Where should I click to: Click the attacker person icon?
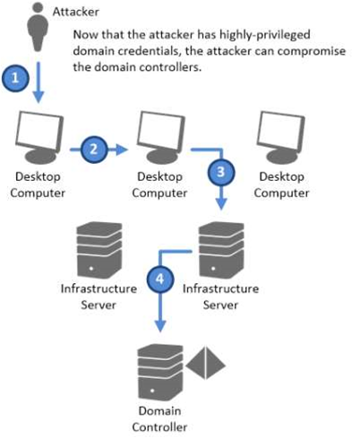[38, 27]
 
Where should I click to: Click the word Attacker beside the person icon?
[75, 12]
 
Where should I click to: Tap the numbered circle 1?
[15, 78]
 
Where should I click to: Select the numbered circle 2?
[94, 150]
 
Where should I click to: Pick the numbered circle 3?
[221, 172]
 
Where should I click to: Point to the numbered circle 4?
[160, 279]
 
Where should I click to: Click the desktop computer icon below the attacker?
[39, 137]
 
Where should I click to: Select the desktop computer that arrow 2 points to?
[161, 137]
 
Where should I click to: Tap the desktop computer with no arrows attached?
[281, 137]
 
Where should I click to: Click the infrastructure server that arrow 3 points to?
[221, 250]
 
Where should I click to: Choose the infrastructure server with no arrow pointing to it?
[99, 250]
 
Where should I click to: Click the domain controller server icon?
[160, 373]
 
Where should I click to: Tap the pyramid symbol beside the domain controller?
[205, 363]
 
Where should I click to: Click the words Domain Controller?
[159, 419]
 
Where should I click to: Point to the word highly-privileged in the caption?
[265, 35]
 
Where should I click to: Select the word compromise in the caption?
[312, 51]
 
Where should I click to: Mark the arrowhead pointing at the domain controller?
[160, 326]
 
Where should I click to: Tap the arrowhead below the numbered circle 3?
[221, 204]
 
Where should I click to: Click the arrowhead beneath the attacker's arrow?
[39, 98]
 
